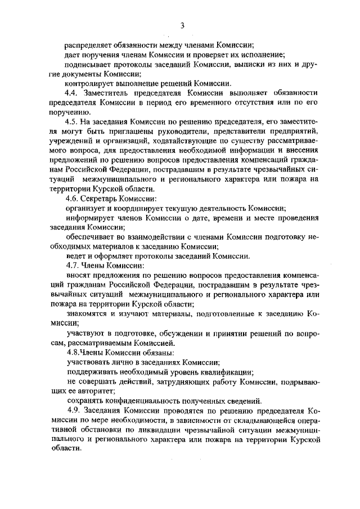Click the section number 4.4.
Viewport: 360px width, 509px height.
(x=73, y=92)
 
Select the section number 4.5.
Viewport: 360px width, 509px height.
(x=73, y=122)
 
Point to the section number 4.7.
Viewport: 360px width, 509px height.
(x=73, y=265)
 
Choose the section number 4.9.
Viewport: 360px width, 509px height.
(x=73, y=410)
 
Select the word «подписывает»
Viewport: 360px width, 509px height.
(x=89, y=64)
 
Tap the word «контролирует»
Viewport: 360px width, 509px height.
(x=89, y=83)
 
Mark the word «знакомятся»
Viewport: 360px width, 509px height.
(x=85, y=313)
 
